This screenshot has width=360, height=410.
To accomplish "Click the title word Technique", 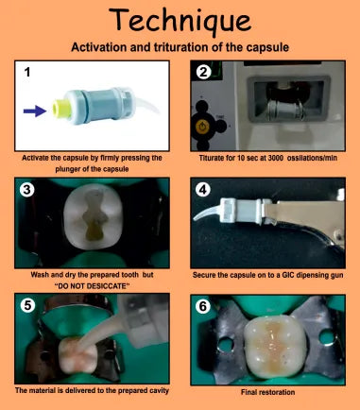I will [x=180, y=20].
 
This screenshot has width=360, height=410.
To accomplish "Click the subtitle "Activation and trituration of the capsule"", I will [x=180, y=45].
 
